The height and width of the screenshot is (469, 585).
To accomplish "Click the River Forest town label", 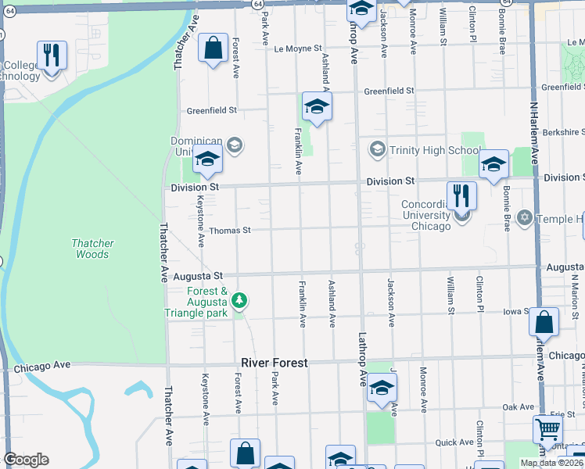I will point(274,363).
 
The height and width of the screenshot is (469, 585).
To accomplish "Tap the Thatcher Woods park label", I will point(92,249).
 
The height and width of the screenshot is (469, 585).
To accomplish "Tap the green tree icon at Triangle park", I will point(240,300).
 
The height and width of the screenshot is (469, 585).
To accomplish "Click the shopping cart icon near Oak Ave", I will point(547,428).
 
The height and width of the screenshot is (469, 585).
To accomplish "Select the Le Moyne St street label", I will point(298,48).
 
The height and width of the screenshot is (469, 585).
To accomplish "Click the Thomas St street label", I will point(229,231).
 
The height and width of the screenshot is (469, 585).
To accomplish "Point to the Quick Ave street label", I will point(454,442).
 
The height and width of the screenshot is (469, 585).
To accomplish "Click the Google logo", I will point(26,460).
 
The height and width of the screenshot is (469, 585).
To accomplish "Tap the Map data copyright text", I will point(551,463).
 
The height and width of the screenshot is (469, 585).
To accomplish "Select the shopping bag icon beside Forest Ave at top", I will point(213,48).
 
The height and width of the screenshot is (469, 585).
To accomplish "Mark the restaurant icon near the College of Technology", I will point(52,55).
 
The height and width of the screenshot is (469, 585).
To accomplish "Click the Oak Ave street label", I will point(518,407).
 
